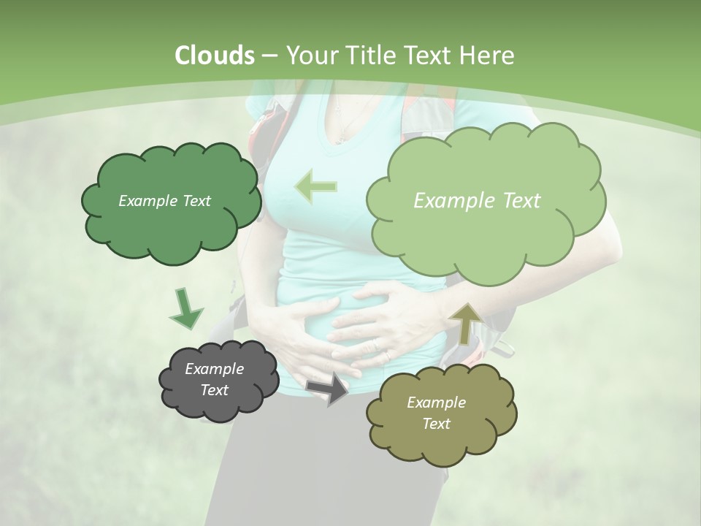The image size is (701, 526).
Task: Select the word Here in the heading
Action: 489,56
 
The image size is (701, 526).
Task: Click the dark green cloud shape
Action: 171,234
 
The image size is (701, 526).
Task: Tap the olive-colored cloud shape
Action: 441,438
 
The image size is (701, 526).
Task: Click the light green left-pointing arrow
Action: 315,186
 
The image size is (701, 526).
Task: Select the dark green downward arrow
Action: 185,308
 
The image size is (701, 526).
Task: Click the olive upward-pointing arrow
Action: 465,322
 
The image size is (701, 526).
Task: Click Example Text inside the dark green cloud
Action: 164,201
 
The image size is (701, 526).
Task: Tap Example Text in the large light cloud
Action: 477,201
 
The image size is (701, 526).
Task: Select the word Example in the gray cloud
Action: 214,369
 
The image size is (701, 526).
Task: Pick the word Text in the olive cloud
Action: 436,424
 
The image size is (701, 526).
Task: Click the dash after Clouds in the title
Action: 268,56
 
